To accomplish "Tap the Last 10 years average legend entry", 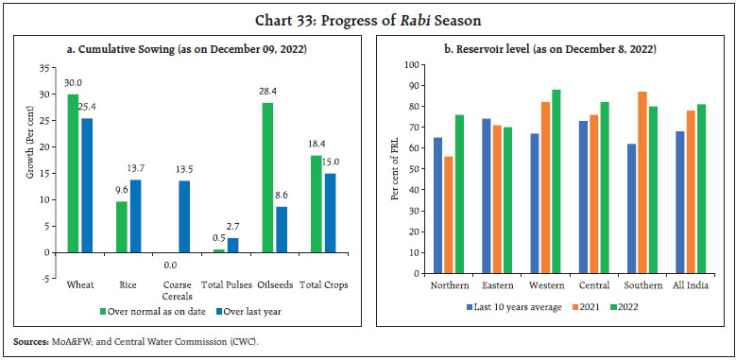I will tap(510, 306).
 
